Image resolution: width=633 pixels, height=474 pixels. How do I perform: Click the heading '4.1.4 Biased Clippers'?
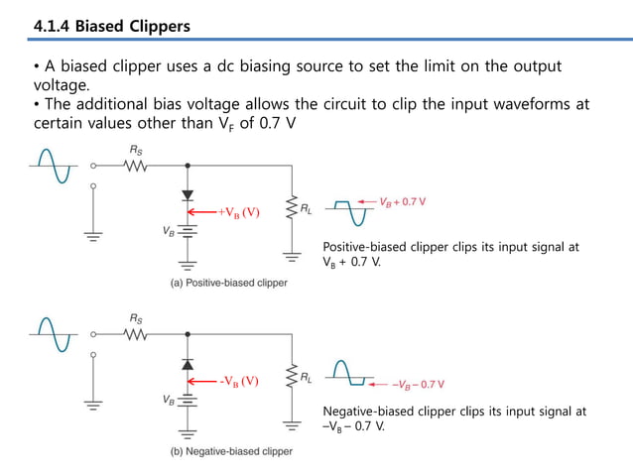(111, 26)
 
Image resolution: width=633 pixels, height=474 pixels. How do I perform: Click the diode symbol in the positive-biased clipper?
(188, 195)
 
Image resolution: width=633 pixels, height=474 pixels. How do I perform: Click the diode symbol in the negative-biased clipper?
(188, 364)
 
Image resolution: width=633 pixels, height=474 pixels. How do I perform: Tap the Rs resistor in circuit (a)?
(136, 166)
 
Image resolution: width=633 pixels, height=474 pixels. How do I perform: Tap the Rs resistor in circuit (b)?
(136, 334)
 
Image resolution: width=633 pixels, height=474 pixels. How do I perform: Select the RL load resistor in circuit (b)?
(292, 378)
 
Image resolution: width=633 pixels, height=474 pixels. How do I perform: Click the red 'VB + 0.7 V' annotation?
(402, 202)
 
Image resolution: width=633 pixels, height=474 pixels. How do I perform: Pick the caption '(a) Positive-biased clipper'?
(227, 284)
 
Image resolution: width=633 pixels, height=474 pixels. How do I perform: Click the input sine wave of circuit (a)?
(51, 166)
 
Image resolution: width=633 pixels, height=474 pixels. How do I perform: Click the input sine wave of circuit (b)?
(51, 334)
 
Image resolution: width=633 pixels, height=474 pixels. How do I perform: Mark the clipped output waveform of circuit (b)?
(350, 375)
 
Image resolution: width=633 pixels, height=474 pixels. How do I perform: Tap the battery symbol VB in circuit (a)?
(188, 230)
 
